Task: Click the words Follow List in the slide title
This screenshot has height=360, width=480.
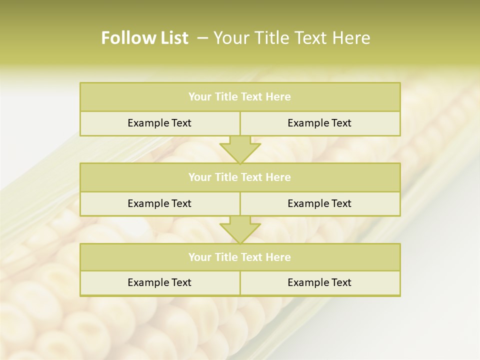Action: tap(144, 38)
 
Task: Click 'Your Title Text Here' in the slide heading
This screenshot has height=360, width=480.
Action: tap(291, 38)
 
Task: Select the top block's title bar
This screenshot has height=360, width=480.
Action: tap(240, 97)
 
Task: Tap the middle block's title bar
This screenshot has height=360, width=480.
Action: tap(240, 177)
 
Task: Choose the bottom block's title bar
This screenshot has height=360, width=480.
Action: tap(240, 257)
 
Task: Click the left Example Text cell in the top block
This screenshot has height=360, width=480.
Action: tap(159, 123)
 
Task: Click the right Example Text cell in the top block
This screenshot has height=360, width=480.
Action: tap(319, 123)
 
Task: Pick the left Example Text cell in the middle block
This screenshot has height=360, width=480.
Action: tap(159, 203)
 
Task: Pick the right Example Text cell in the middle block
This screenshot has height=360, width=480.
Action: tap(319, 203)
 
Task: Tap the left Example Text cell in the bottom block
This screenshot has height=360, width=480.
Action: tap(159, 282)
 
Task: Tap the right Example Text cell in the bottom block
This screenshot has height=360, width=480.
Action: tap(319, 282)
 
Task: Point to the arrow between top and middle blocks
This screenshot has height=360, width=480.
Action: tap(240, 149)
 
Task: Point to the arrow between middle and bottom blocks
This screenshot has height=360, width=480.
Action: tap(240, 230)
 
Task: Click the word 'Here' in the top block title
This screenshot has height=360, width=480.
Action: tap(278, 97)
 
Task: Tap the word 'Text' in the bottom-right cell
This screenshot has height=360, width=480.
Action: tap(341, 282)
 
